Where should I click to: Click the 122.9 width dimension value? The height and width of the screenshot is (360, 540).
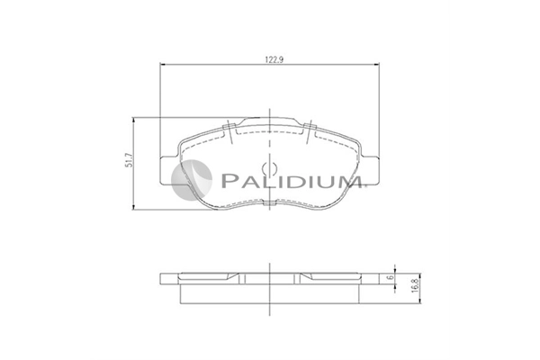[274, 59]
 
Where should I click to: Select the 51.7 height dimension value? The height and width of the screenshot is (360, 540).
[129, 160]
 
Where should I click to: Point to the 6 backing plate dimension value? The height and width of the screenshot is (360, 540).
[390, 277]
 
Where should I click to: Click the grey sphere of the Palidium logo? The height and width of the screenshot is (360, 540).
[192, 180]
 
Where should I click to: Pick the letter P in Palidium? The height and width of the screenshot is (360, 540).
[228, 180]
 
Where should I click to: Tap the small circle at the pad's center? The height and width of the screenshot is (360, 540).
[270, 168]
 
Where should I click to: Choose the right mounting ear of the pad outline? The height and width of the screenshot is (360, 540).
[370, 171]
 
